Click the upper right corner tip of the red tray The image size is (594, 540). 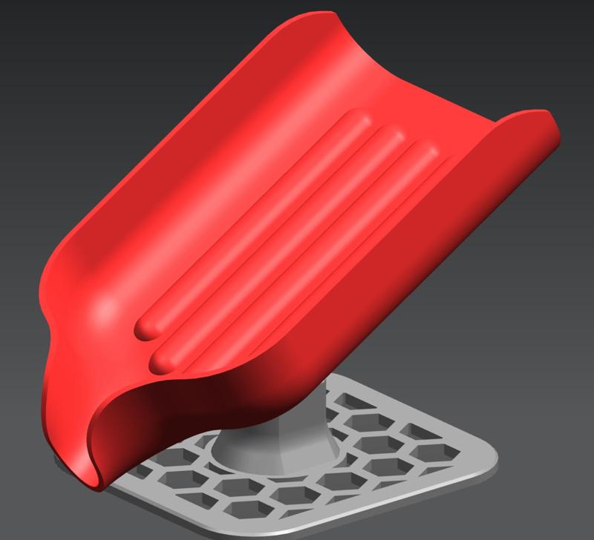click(548, 119)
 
